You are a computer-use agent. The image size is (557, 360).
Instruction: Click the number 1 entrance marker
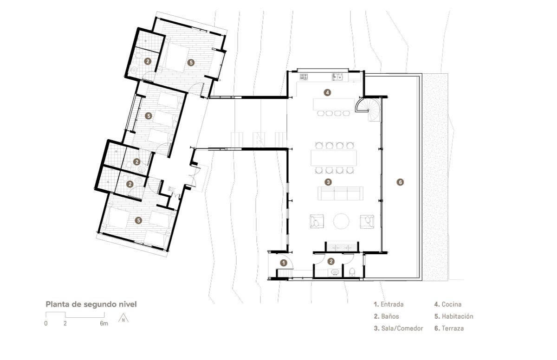pyautogui.click(x=284, y=263)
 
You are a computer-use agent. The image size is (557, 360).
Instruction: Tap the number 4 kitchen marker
pyautogui.click(x=327, y=93)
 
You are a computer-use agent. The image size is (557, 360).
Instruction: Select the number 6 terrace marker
pyautogui.click(x=400, y=182)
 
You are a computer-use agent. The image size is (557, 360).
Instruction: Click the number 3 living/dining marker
pyautogui.click(x=328, y=182)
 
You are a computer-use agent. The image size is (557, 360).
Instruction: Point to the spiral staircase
pyautogui.click(x=369, y=109)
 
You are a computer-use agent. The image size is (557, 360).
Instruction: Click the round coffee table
pyautogui.click(x=341, y=221)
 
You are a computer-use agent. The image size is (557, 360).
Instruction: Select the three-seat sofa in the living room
pyautogui.click(x=340, y=193)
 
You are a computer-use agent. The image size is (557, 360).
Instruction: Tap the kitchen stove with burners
pyautogui.click(x=304, y=77)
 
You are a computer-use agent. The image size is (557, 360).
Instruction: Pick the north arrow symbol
pyautogui.click(x=123, y=319)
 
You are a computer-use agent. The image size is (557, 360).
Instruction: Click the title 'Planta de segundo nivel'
pyautogui.click(x=91, y=304)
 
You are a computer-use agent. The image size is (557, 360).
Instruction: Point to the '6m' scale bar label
pyautogui.click(x=104, y=323)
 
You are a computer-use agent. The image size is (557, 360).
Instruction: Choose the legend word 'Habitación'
pyautogui.click(x=458, y=316)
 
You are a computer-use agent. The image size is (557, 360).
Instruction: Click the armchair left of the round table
pyautogui.click(x=317, y=221)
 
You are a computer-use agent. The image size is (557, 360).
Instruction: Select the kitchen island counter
pyautogui.click(x=334, y=104)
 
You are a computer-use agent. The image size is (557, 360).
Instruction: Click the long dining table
pyautogui.click(x=333, y=158)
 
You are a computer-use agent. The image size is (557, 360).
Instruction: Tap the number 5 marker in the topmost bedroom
pyautogui.click(x=191, y=63)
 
